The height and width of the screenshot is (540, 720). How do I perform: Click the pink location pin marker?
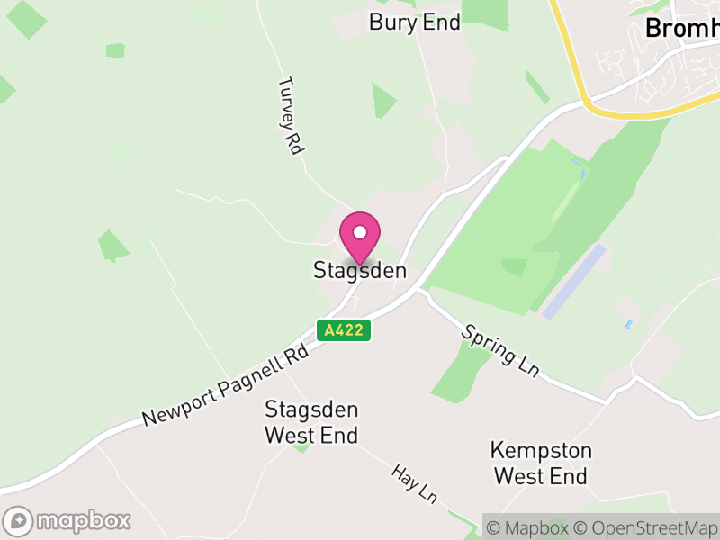pos(360,237)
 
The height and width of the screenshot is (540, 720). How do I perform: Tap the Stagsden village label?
pos(360,270)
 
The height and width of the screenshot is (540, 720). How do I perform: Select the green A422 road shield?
pos(344,330)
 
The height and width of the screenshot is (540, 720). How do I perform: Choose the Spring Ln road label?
pos(500,349)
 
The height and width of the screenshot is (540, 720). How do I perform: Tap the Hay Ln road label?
pos(414,484)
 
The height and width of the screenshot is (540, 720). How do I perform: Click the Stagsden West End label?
pos(311,423)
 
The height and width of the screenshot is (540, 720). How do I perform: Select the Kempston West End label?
pos(541,463)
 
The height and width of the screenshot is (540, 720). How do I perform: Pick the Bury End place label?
pos(415,22)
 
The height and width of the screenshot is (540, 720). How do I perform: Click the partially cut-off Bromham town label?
pos(682,29)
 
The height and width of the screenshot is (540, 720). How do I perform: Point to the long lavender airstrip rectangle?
pos(574,280)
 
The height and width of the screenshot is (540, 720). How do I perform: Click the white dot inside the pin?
pos(360,232)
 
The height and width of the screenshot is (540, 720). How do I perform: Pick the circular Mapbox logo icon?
pos(18,521)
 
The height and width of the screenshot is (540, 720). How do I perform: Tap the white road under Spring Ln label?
pos(504,371)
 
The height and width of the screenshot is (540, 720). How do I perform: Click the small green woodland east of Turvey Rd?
pos(382,99)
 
